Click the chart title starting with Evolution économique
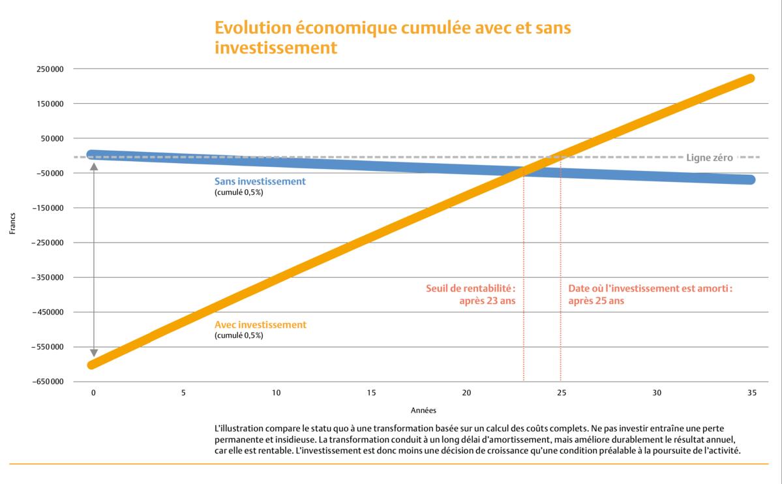393,38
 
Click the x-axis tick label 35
751,393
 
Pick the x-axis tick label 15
371,393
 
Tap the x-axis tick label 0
93,393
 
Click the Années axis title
423,411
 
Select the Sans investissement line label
260,181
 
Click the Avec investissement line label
260,325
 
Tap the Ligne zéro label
710,157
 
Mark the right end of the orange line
750,79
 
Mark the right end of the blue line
750,179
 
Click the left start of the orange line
93,364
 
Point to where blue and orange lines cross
523,171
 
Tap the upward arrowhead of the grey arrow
93,166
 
